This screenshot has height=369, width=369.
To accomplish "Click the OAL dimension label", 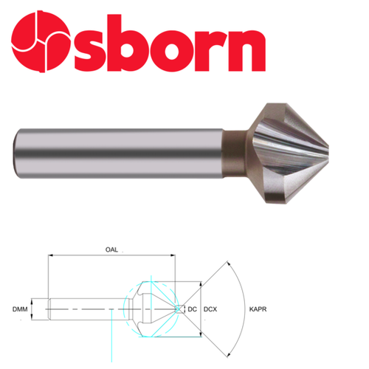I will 111,250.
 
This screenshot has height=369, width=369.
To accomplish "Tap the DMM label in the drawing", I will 20,308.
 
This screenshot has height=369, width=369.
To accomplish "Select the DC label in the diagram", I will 193,308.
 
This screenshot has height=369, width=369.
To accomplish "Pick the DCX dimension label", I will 213,308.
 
